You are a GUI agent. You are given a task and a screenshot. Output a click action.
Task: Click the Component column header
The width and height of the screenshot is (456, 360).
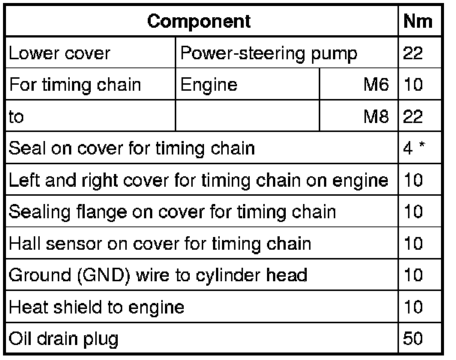coord(199,21)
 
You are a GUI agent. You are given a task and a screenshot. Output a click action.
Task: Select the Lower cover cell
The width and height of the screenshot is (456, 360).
coord(60,54)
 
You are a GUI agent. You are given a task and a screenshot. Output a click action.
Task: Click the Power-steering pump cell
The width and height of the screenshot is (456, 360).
coord(268,54)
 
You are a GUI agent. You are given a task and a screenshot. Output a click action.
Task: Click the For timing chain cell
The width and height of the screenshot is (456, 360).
coord(75,85)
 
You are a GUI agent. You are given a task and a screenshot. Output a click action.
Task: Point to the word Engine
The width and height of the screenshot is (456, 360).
coord(208,85)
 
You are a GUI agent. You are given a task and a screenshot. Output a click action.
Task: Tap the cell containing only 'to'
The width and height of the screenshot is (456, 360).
coord(16,117)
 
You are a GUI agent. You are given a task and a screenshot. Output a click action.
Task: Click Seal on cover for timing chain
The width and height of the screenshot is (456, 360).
coord(132,148)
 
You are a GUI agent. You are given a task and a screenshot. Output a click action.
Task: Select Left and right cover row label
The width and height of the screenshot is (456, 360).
coord(199,181)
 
